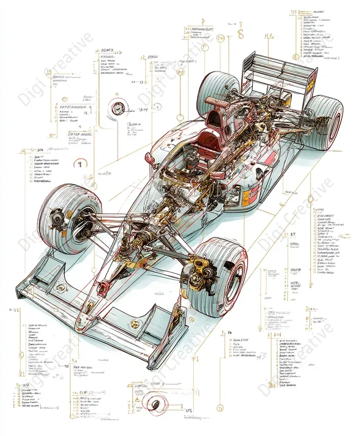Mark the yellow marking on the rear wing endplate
311,81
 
